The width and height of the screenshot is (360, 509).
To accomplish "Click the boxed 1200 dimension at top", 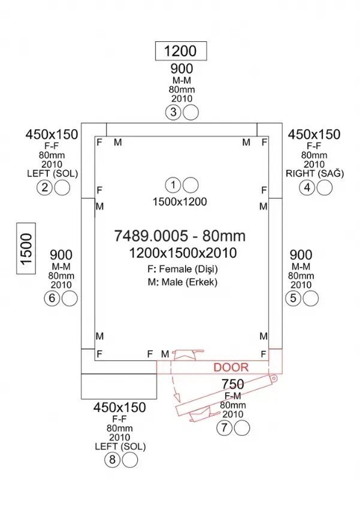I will pos(180,50).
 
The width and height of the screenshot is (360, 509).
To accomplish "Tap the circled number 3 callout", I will pos(173,111).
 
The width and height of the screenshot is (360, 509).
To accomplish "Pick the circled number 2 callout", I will pos(44,188).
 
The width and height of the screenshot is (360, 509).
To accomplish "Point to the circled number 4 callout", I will pos(307,188).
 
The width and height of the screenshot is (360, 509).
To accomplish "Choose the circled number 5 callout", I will pos(293,298).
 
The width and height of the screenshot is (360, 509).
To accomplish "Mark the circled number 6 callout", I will pos(52,298).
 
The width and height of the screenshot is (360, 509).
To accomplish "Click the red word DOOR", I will pos(231,367).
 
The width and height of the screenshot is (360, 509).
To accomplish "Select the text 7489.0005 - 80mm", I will pos(180,237).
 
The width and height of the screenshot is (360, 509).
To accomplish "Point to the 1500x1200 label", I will pos(180,202).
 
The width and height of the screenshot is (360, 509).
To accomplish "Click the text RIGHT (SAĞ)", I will pos(314,174).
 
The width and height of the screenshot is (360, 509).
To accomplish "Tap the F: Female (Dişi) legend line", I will pos(180,269).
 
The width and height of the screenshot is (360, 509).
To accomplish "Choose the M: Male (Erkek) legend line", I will pos(180,282).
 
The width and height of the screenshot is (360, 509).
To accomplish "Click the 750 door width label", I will pos(232,384).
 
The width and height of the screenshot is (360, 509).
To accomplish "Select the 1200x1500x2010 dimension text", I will pos(180,253).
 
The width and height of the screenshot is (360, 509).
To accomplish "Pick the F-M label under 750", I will pos(232,396).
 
